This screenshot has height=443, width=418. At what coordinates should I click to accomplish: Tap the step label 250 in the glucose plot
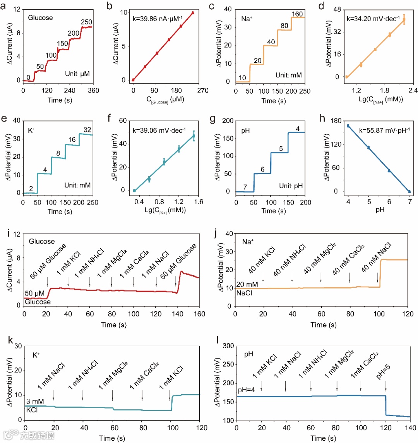(87, 22)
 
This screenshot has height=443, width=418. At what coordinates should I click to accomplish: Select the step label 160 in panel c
(297, 14)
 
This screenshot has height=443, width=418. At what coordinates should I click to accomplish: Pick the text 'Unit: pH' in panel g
(291, 186)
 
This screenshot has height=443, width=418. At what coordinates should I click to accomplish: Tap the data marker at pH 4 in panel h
(348, 126)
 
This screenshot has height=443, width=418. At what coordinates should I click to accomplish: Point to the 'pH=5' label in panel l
(383, 372)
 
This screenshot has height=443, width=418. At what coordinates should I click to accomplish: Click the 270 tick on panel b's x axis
(203, 91)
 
